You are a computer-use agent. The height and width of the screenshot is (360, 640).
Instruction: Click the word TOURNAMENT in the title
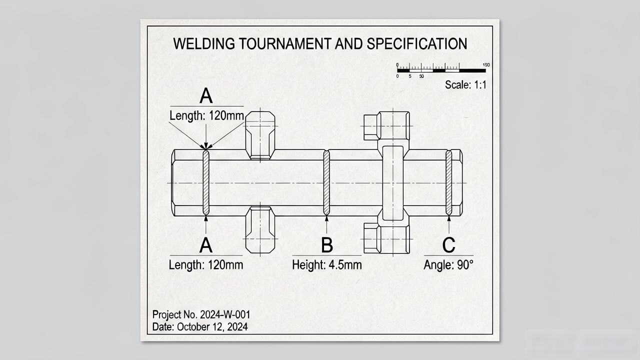point(285,43)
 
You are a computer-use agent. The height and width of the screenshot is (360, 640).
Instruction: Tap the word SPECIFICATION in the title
point(417,43)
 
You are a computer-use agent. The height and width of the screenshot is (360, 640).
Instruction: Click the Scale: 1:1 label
point(465,85)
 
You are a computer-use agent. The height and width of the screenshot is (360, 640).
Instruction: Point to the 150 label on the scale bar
point(486,65)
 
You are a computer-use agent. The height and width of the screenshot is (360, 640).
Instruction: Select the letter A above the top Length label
point(206,95)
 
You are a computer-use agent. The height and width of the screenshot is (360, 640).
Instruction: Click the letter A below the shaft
point(206,245)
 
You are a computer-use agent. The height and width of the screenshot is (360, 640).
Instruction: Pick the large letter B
point(327,245)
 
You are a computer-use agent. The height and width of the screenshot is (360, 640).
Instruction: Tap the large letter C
point(448,245)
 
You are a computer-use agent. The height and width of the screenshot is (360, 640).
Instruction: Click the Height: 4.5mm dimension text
point(327,265)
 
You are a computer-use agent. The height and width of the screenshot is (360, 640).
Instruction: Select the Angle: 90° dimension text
point(448,265)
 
